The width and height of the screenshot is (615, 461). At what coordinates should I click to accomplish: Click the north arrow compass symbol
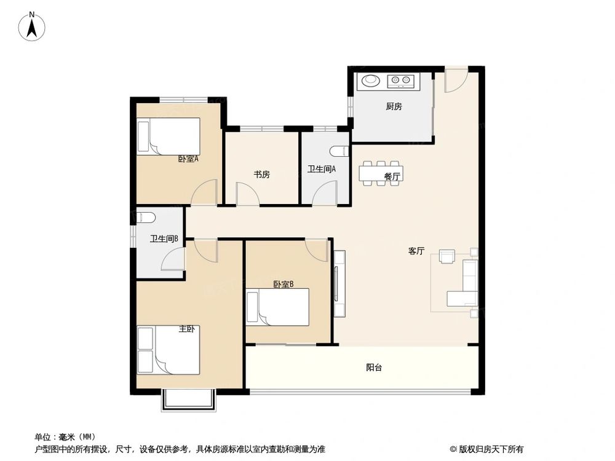(34, 26)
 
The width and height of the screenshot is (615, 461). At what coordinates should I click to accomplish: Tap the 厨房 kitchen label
(394, 106)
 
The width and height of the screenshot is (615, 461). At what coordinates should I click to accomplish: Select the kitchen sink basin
(371, 80)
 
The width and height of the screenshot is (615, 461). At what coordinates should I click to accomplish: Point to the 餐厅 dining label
(392, 176)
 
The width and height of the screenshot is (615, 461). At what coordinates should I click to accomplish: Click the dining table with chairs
(381, 173)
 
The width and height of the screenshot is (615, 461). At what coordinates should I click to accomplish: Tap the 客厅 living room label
(416, 251)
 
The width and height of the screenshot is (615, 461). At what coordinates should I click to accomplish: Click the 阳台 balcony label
(374, 368)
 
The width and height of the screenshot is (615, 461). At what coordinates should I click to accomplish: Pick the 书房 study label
(262, 175)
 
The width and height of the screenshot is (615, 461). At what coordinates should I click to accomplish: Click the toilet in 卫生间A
(339, 151)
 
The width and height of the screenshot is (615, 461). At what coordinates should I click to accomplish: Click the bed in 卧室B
(277, 307)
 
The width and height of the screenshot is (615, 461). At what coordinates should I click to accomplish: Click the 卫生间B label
(164, 240)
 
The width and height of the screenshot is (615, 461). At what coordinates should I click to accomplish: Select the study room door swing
(247, 195)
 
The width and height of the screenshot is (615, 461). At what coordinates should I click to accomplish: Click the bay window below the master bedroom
(189, 400)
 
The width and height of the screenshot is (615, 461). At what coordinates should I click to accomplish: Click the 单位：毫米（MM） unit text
(65, 436)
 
